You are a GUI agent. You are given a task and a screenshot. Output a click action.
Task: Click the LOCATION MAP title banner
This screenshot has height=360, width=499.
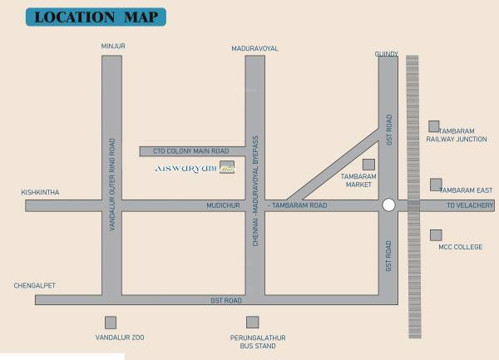(x=96, y=17)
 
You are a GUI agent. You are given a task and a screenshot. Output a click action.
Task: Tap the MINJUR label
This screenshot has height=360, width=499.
(x=112, y=47)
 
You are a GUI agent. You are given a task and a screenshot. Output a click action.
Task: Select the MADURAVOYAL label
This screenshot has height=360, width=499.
(x=254, y=49)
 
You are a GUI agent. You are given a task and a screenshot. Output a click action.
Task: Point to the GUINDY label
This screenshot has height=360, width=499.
(x=388, y=55)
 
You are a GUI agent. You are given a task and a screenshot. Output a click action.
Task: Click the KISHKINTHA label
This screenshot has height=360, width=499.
(x=41, y=193)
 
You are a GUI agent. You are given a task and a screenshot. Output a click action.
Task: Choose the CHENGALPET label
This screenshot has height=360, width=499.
(x=34, y=284)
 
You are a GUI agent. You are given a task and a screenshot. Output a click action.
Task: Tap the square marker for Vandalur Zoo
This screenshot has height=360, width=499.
(x=111, y=322)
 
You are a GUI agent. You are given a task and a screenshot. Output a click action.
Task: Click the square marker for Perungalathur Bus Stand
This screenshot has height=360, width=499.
(x=252, y=322)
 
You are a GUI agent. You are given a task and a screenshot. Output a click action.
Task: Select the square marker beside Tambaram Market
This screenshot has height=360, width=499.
(x=368, y=164)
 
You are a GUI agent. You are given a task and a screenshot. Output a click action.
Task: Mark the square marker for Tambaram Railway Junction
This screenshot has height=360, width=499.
(x=433, y=126)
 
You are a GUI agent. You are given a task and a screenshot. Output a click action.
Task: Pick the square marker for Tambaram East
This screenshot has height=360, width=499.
(x=436, y=184)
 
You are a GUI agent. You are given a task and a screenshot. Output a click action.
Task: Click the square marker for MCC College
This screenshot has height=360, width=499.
(x=435, y=235)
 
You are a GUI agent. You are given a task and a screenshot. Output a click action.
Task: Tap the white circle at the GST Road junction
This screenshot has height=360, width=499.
(x=388, y=205)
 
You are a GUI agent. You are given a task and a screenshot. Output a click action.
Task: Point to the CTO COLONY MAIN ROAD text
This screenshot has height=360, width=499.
(x=191, y=151)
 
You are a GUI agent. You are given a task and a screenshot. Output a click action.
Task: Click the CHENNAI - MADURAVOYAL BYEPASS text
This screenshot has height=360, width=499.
(x=256, y=179)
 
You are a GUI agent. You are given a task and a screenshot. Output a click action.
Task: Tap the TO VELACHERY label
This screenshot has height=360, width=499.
(x=470, y=205)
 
